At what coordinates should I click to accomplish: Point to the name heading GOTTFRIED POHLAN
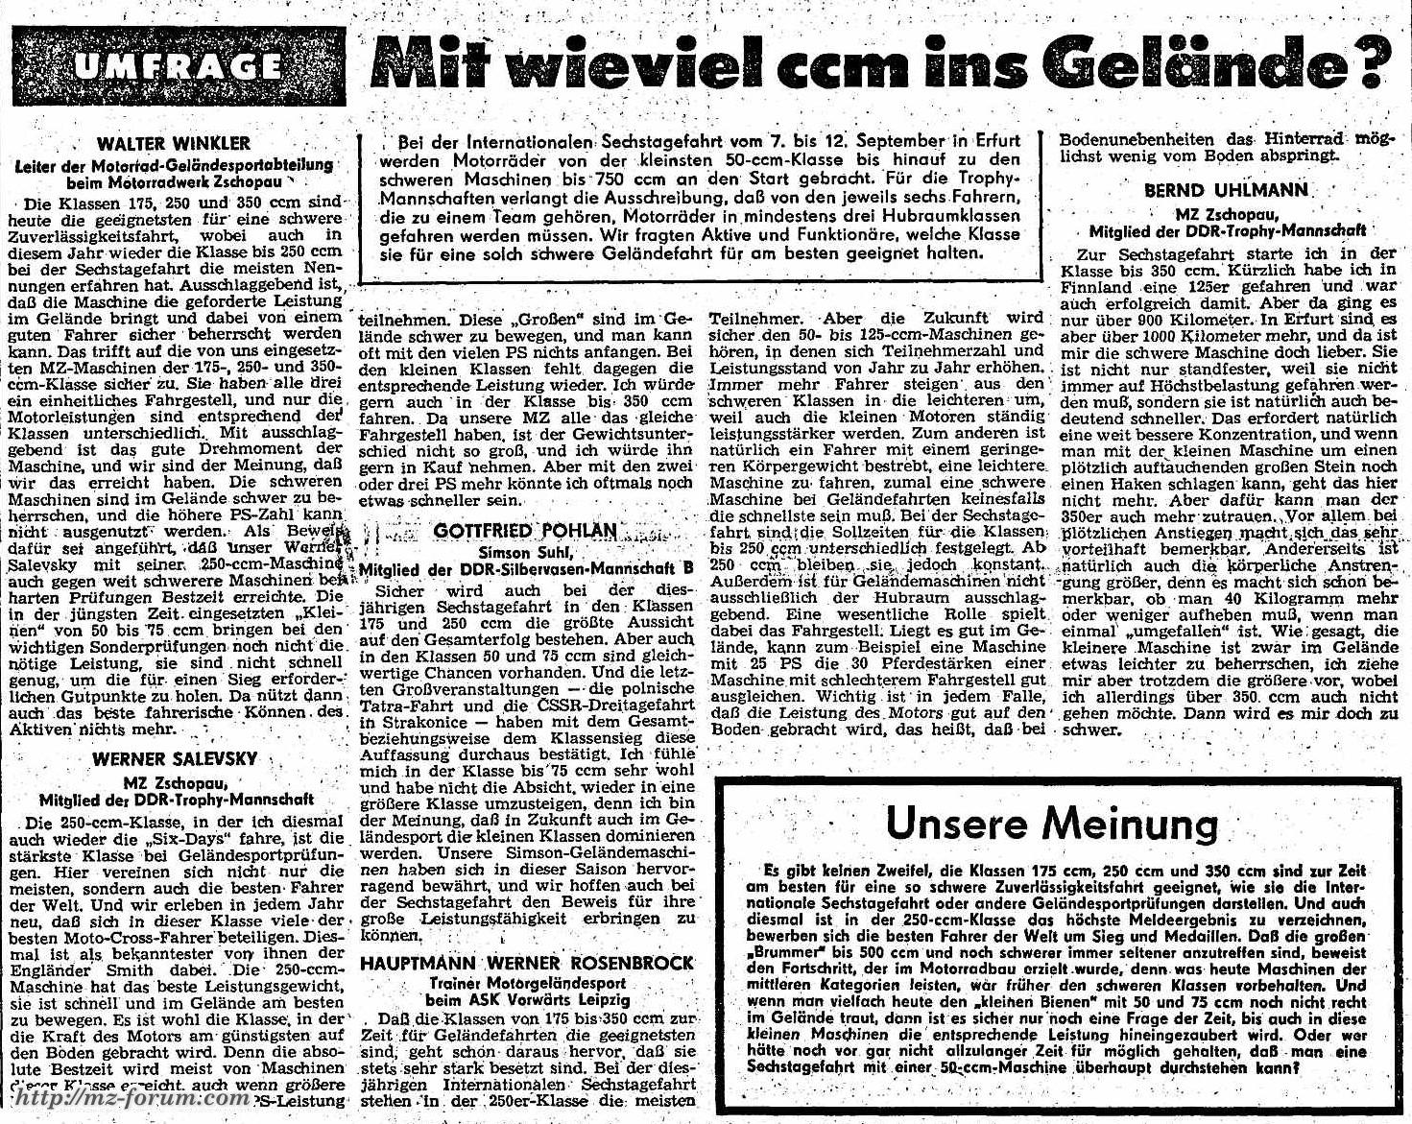(525, 531)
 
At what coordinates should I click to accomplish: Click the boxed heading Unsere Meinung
(1051, 823)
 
